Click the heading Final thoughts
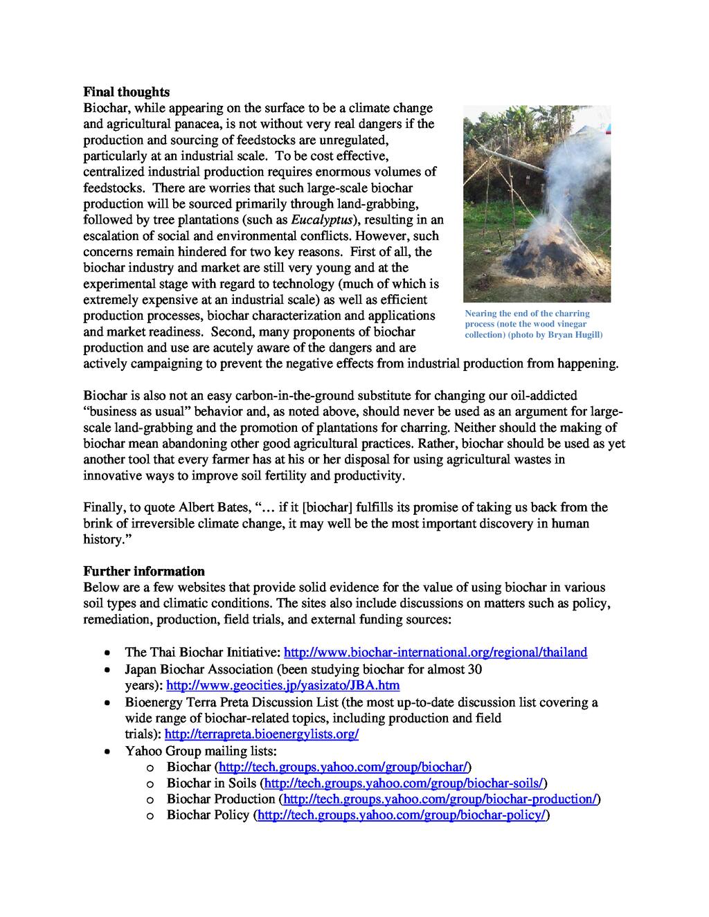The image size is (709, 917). coord(126,92)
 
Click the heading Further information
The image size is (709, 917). coord(144,571)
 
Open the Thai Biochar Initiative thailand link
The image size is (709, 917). coord(436,652)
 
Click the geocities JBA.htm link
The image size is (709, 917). coord(283,685)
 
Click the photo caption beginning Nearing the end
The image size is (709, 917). coord(533,324)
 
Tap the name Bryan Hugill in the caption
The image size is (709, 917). coord(574,335)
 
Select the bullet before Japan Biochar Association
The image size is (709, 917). coord(106,670)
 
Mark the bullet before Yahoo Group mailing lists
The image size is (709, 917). coord(106,751)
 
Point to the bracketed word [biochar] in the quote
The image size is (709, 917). coord(329,507)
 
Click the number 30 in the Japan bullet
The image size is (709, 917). coord(474,669)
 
